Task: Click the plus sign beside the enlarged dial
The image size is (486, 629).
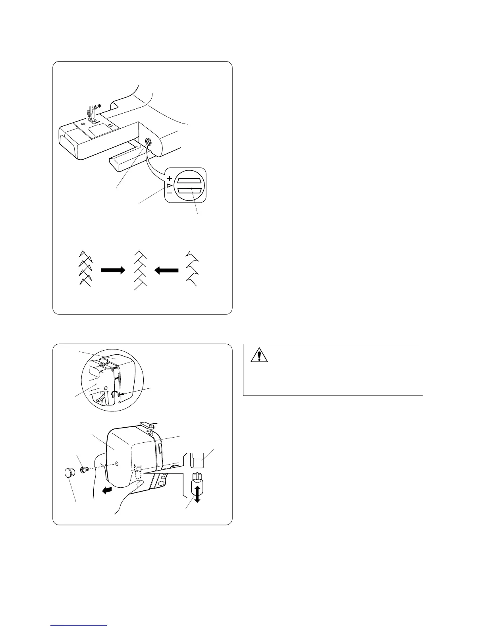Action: pos(170,178)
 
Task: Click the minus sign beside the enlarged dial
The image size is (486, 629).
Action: pos(170,193)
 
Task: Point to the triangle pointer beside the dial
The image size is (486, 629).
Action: pos(169,185)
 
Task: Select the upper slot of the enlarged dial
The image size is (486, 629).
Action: pos(190,181)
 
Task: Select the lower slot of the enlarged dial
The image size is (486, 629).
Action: pos(190,191)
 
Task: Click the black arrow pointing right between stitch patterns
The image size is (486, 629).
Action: pos(113,270)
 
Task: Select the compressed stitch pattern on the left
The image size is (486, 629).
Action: pos(85,268)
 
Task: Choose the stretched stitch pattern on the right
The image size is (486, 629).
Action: pos(192,268)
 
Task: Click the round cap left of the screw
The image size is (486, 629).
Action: pos(69,473)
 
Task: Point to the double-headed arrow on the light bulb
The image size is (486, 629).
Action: pos(197,495)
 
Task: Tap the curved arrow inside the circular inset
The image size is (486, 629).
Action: pos(114,394)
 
